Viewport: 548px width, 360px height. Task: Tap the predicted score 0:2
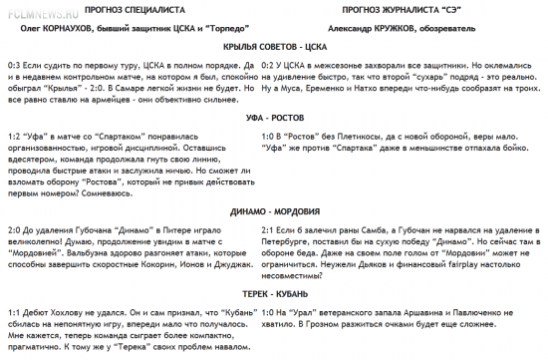[x=266, y=65]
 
